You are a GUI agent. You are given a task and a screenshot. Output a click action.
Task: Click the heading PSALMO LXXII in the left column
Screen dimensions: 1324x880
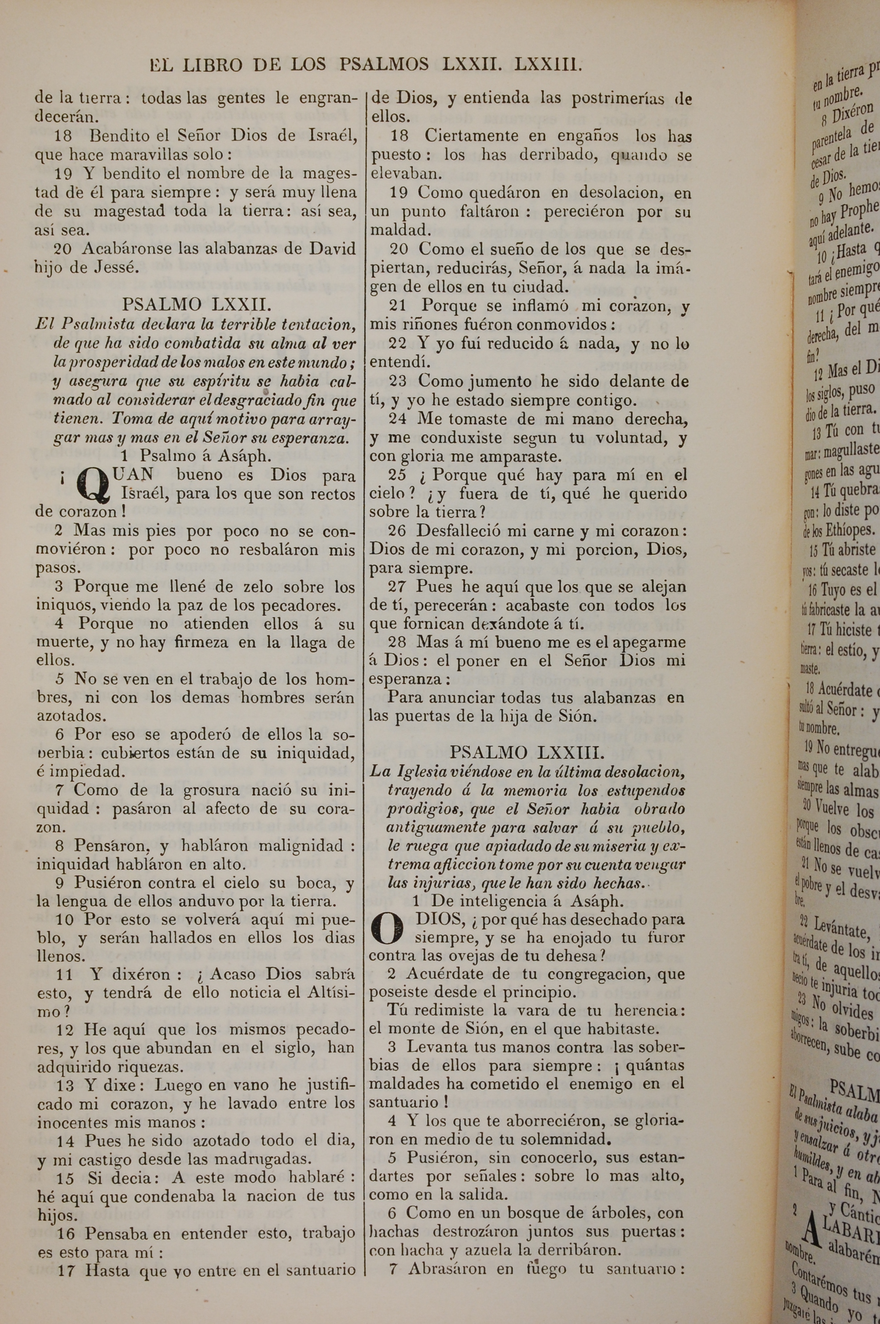tap(196, 305)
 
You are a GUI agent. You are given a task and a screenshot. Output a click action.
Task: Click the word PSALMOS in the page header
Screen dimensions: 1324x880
tap(385, 65)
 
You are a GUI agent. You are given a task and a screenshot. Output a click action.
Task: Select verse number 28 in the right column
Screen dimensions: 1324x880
tap(397, 642)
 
